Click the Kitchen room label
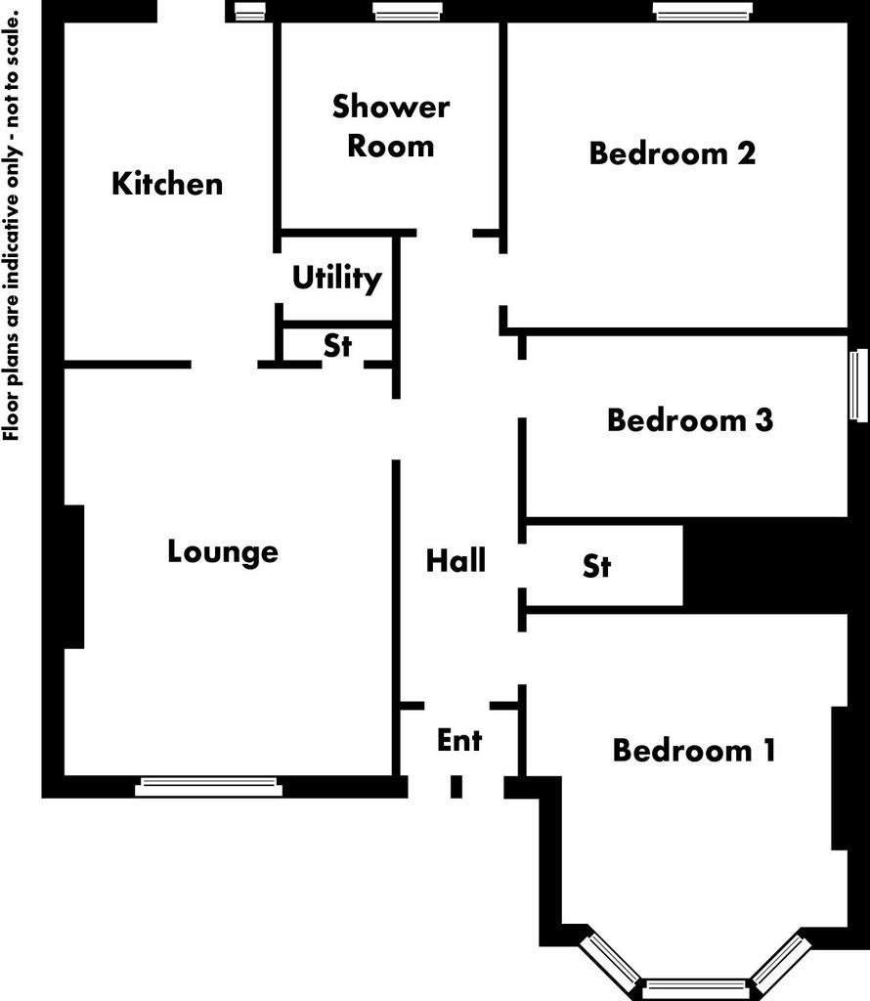click(x=167, y=184)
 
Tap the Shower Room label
click(x=391, y=126)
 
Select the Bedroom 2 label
click(x=673, y=153)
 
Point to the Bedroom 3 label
click(x=690, y=420)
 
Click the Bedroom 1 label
click(x=694, y=750)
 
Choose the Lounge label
click(x=223, y=552)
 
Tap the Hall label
click(x=456, y=560)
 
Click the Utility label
click(x=337, y=279)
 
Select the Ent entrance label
click(x=459, y=740)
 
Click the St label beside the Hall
click(x=597, y=566)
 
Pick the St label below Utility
click(x=337, y=345)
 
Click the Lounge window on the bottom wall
click(x=209, y=787)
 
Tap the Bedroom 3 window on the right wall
click(x=858, y=385)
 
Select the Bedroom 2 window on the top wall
click(x=702, y=11)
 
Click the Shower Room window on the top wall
click(x=407, y=11)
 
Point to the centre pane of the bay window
click(x=695, y=988)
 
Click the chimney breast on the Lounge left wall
click(x=74, y=577)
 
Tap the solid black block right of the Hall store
click(x=765, y=566)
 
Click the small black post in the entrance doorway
click(x=457, y=787)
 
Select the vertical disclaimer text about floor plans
click(x=12, y=226)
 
